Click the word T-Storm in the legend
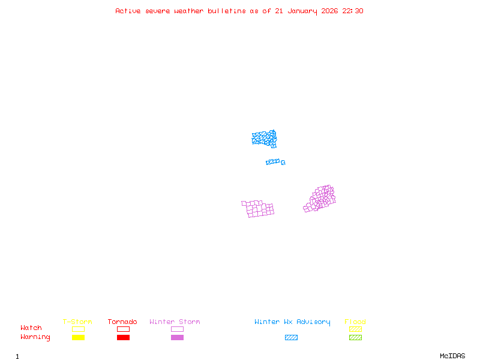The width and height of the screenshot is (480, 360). pyautogui.click(x=77, y=322)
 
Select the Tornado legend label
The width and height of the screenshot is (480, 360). pyautogui.click(x=122, y=322)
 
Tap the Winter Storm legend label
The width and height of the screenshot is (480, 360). pyautogui.click(x=175, y=322)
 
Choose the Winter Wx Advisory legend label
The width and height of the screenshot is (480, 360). pyautogui.click(x=292, y=322)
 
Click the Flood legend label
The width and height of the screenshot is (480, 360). pyautogui.click(x=355, y=322)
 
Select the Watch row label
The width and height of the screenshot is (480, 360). pyautogui.click(x=31, y=328)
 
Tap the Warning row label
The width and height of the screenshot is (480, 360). pyautogui.click(x=35, y=337)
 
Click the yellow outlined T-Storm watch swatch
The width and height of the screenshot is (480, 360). pyautogui.click(x=78, y=329)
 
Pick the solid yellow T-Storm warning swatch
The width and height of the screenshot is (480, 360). pyautogui.click(x=78, y=338)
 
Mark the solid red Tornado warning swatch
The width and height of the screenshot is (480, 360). pyautogui.click(x=123, y=338)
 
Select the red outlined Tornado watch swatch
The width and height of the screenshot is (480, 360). pyautogui.click(x=123, y=329)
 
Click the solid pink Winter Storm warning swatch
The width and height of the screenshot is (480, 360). pyautogui.click(x=177, y=338)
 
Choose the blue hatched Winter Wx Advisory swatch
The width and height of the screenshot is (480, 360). pyautogui.click(x=291, y=338)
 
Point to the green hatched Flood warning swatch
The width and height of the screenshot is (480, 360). pyautogui.click(x=355, y=338)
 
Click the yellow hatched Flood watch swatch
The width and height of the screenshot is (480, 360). pyautogui.click(x=355, y=329)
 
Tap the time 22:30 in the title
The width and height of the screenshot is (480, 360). pyautogui.click(x=353, y=11)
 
